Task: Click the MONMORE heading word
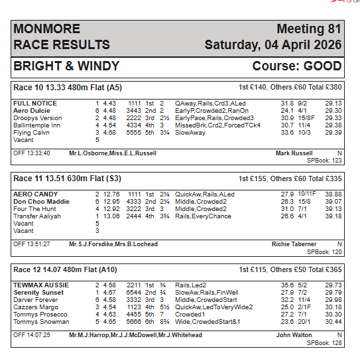pyautogui.click(x=46, y=29)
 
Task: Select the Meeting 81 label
pyautogui.click(x=308, y=29)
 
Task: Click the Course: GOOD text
pyautogui.click(x=296, y=66)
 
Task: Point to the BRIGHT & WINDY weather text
pyautogui.click(x=66, y=66)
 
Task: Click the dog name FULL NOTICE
pyautogui.click(x=35, y=104)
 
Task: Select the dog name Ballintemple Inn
pyautogui.click(x=36, y=125)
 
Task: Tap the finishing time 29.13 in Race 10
pyautogui.click(x=333, y=104)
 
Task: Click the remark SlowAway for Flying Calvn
pyautogui.click(x=190, y=132)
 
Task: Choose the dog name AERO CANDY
pyautogui.click(x=36, y=194)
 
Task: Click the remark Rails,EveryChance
pyautogui.click(x=203, y=216)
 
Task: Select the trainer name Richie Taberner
pyautogui.click(x=294, y=244)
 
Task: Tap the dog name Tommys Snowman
pyautogui.click(x=41, y=321)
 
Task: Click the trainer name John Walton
pyautogui.click(x=294, y=335)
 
